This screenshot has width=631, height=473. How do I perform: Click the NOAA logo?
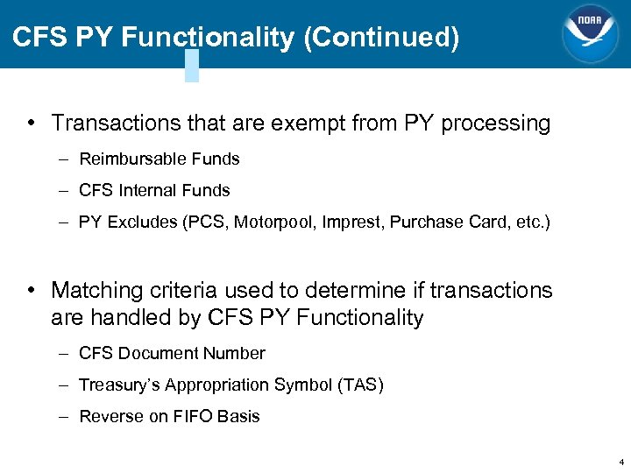[590, 33]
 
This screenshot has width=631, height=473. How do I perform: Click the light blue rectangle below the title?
[192, 66]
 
